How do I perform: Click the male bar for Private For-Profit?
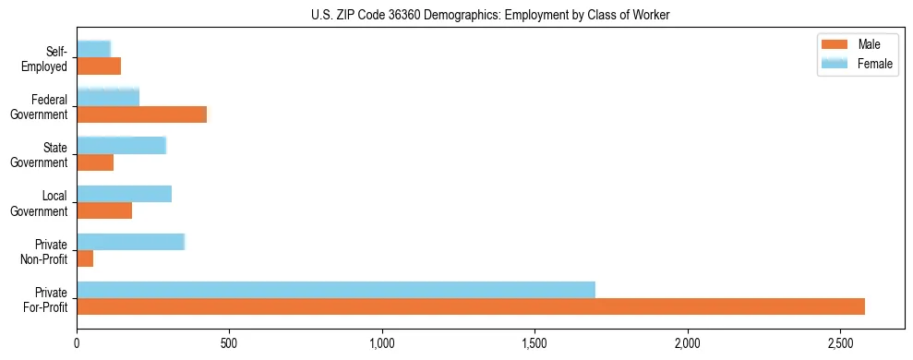(x=471, y=306)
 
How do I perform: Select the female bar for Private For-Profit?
(x=336, y=290)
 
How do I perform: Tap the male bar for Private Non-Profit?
(x=85, y=258)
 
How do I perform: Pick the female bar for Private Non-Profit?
(x=131, y=242)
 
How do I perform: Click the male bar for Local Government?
(x=104, y=210)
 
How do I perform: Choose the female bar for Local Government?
(x=125, y=194)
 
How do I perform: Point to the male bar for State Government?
(x=95, y=162)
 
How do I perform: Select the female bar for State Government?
(x=122, y=146)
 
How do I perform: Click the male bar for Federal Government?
(x=142, y=114)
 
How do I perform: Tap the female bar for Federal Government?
(x=108, y=98)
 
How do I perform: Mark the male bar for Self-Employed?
(x=99, y=66)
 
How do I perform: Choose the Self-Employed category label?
(x=48, y=58)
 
